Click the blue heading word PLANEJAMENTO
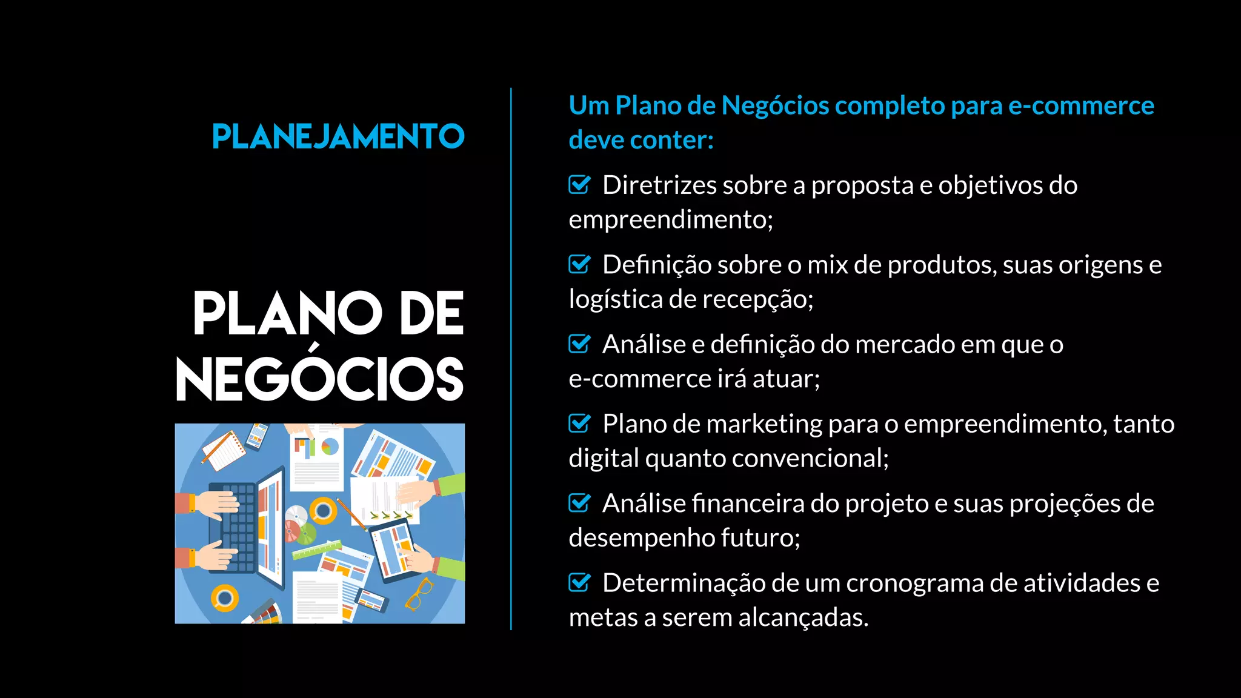click(x=338, y=136)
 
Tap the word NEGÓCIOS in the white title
click(x=320, y=379)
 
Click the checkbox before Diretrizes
click(x=579, y=184)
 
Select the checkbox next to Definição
click(x=579, y=264)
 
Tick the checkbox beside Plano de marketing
click(x=579, y=423)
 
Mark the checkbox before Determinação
click(x=579, y=582)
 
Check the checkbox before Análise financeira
click(x=579, y=503)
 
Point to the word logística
click(x=615, y=299)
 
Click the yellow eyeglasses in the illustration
click(x=419, y=593)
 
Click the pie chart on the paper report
click(x=330, y=447)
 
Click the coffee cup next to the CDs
click(x=323, y=511)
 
